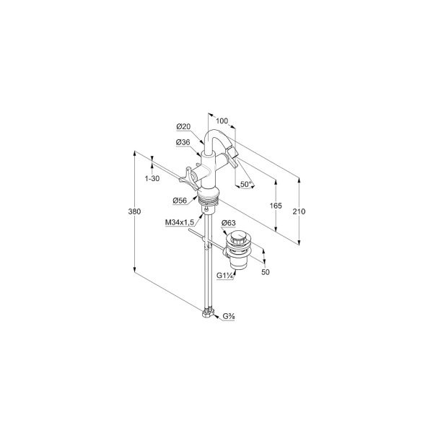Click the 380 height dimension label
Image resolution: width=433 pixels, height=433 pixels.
pos(134,211)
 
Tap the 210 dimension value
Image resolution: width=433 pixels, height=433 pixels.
pos(299,211)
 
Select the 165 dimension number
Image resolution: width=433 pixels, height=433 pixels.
pos(276,206)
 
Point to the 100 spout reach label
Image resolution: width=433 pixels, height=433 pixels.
pos(222,121)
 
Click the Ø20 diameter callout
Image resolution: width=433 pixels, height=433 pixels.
pos(183,127)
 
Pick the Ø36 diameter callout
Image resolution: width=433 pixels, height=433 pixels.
pos(183,142)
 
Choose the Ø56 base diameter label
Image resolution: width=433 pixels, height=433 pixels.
pos(180,201)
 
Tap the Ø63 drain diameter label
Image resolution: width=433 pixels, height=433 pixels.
pos(229,222)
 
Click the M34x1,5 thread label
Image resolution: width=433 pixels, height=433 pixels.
pos(180,222)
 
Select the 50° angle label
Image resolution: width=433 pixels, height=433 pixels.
pos(246,184)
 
